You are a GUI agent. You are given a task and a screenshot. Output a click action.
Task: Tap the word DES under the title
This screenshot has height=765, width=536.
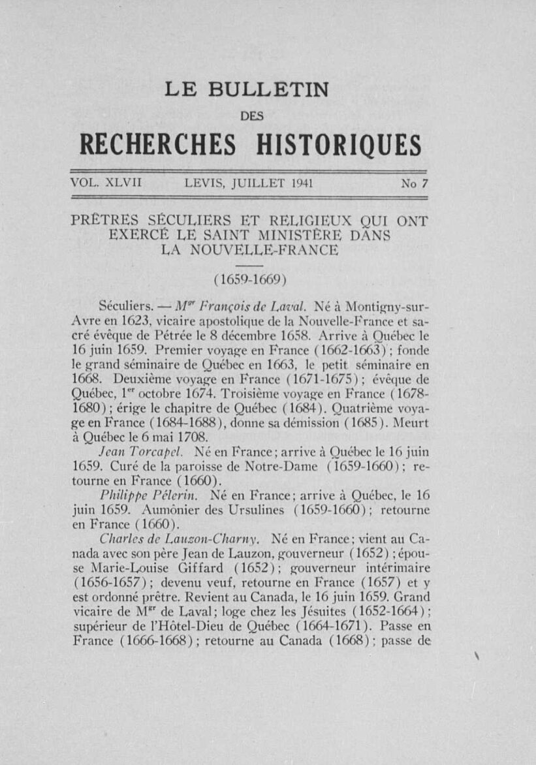[x=251, y=116]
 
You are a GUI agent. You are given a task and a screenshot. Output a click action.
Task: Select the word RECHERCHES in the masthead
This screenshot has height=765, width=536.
[x=157, y=145]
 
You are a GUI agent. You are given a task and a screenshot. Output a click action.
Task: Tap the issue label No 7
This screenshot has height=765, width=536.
[x=413, y=184]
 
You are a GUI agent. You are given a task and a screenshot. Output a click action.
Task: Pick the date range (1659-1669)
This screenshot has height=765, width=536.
[x=251, y=279]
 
